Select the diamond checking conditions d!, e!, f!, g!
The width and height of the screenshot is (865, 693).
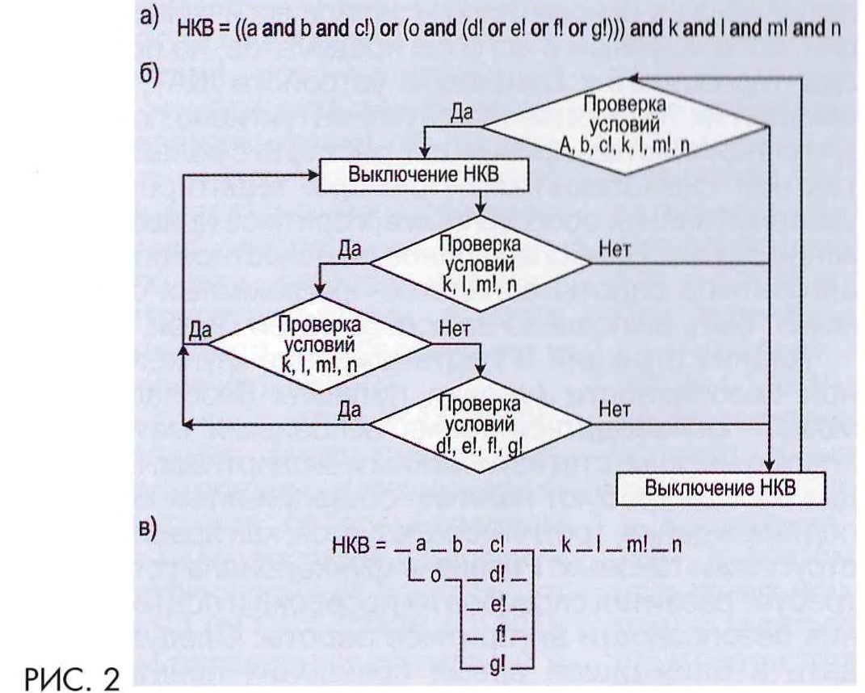coord(481,425)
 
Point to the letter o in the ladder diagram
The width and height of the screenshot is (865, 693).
coord(434,577)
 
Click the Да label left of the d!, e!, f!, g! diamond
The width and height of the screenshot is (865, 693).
coord(349,409)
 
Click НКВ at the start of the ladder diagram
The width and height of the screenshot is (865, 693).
coord(350,547)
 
